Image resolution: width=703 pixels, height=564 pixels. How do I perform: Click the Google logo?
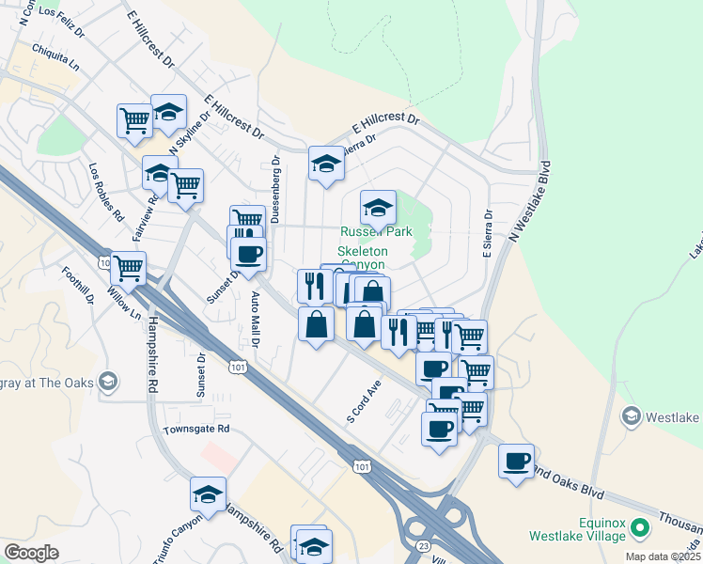coord(31,553)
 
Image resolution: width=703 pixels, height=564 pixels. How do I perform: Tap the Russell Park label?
coord(376,232)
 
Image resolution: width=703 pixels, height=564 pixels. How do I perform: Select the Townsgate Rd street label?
coord(196,429)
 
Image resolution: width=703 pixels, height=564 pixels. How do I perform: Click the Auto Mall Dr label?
coord(255,320)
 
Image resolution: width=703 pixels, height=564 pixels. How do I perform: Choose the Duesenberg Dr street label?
coord(275,189)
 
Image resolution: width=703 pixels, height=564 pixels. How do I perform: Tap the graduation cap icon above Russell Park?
coord(378,207)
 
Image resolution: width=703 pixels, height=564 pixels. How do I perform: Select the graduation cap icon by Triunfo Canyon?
coord(208,493)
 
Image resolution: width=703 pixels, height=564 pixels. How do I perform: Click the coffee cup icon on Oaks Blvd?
coord(515,461)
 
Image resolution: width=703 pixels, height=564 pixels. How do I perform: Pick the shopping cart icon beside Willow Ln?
coord(128,268)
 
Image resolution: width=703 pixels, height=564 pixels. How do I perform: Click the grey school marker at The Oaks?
coord(108,381)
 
